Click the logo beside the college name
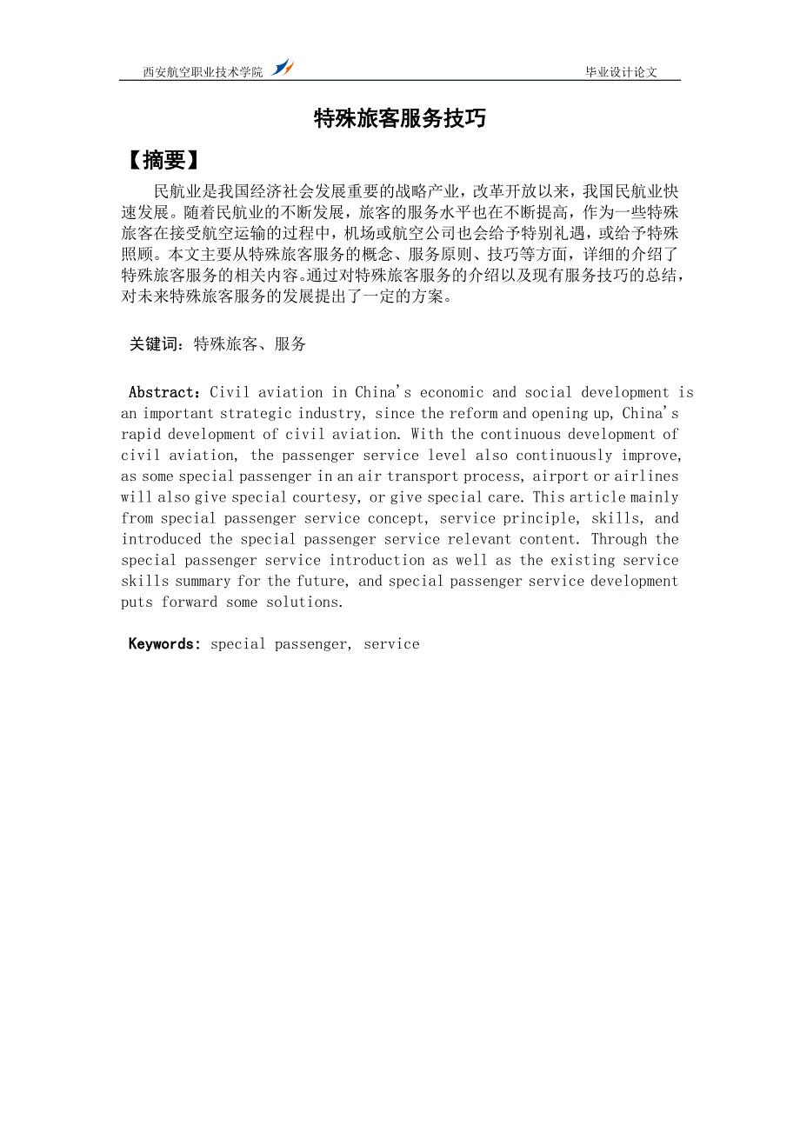pyautogui.click(x=282, y=67)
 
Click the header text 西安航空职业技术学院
pyautogui.click(x=203, y=72)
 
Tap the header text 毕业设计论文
pyautogui.click(x=621, y=72)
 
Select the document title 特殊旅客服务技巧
pyautogui.click(x=399, y=119)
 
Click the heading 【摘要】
pyautogui.click(x=163, y=161)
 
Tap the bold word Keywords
pyautogui.click(x=163, y=644)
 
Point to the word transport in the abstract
pyautogui.click(x=422, y=476)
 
